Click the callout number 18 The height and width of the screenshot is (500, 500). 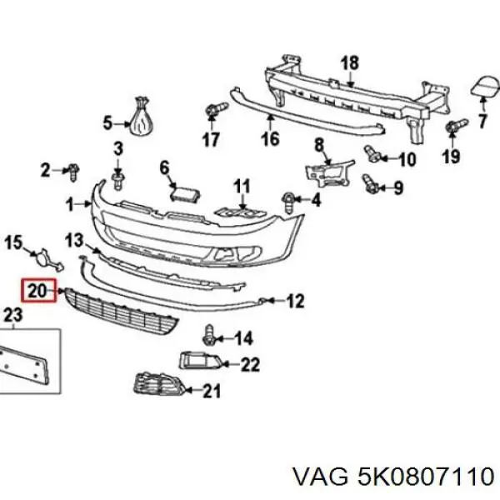pos(350,62)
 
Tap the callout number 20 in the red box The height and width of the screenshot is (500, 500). pos(37,291)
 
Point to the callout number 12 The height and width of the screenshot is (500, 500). pos(295,301)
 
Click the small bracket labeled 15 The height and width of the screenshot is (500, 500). pos(43,257)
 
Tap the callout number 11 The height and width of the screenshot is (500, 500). pos(242,185)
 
